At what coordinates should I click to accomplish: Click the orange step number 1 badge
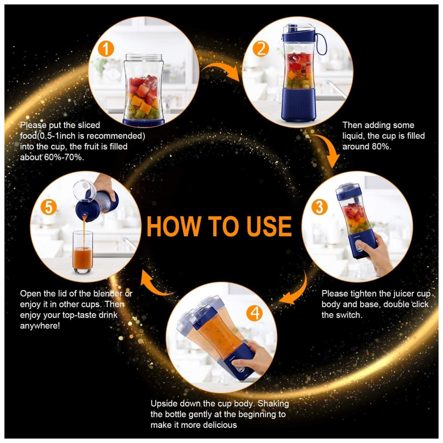point(106,49)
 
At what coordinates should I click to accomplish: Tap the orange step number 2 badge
point(260,49)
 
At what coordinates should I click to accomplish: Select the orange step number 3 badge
point(319,207)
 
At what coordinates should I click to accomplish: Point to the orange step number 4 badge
point(255,313)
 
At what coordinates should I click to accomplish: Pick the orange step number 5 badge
point(49,207)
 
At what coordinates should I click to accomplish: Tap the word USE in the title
point(269,226)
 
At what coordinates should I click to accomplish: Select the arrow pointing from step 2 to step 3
point(328,147)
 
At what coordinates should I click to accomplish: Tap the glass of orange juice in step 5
point(82,252)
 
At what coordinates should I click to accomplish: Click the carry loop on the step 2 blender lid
point(321,44)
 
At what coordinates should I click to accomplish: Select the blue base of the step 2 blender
point(298,105)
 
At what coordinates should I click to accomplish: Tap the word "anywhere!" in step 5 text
point(40,326)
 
